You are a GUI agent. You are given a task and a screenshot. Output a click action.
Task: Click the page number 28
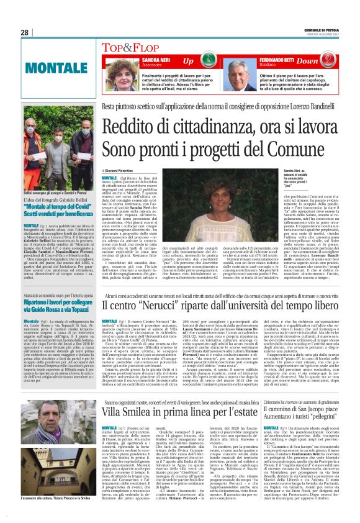coord(24,32)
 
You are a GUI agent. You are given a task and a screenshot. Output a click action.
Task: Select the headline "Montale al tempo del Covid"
coord(56,213)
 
